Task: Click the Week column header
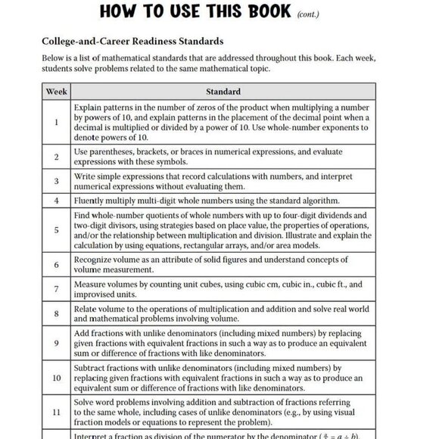point(56,92)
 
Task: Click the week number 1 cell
point(56,122)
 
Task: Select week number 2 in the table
point(56,157)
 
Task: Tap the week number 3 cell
point(56,182)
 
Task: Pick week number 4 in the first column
point(56,201)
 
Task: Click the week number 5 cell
point(56,231)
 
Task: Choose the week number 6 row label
point(56,265)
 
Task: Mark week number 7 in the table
point(56,290)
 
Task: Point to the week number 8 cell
point(56,314)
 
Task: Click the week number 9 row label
point(56,343)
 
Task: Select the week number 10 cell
point(56,377)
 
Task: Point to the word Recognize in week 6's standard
point(97,260)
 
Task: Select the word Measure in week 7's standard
point(92,285)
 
